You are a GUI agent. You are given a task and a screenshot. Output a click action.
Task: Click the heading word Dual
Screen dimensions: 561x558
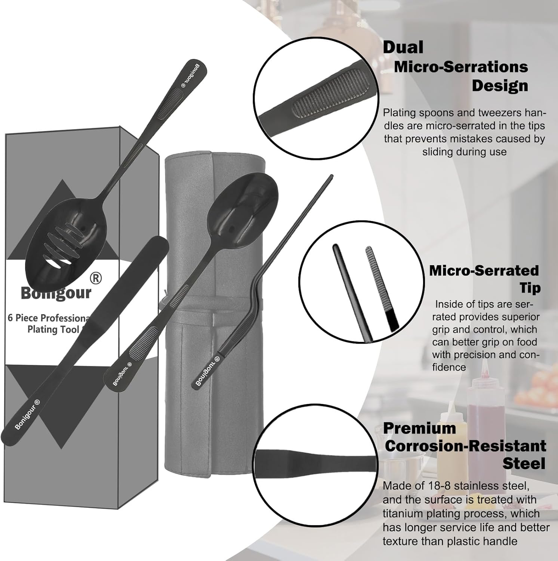(x=403, y=47)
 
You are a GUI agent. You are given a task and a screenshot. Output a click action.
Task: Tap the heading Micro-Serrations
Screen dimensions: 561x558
(x=461, y=67)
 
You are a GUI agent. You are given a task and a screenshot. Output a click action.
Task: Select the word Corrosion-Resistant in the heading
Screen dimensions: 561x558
(x=465, y=446)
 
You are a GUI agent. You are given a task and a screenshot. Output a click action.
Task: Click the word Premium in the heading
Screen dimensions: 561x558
(x=419, y=428)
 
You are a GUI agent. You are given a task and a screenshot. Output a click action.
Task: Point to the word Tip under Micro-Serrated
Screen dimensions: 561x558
(x=530, y=288)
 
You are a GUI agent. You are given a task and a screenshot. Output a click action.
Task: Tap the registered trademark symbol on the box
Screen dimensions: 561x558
(x=96, y=278)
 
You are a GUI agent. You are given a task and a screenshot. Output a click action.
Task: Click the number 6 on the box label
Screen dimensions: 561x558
(x=10, y=318)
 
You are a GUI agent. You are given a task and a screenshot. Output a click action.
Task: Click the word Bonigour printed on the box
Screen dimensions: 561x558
(x=56, y=292)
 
